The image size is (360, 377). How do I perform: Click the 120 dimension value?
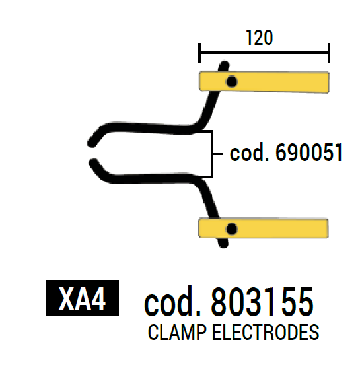click(259, 38)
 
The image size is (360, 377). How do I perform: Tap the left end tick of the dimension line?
click(199, 53)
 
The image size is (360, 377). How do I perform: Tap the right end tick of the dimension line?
click(329, 53)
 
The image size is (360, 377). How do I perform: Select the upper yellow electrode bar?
click(264, 82)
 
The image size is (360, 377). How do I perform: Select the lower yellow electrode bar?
click(263, 228)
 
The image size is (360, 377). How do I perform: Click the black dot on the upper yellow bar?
click(232, 82)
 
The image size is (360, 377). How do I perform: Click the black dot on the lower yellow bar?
click(231, 229)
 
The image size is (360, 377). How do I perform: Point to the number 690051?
click(308, 153)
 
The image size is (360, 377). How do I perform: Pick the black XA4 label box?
click(82, 298)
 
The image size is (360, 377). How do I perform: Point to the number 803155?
click(262, 302)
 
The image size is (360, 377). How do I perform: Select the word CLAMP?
click(177, 332)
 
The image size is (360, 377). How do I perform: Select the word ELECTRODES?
click(266, 332)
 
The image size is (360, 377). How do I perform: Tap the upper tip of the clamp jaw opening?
click(91, 143)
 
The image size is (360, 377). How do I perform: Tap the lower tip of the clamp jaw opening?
click(93, 162)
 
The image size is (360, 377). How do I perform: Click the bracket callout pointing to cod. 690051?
click(213, 154)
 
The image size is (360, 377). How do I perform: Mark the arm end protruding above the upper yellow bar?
click(224, 66)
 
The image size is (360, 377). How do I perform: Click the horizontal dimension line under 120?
click(264, 53)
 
